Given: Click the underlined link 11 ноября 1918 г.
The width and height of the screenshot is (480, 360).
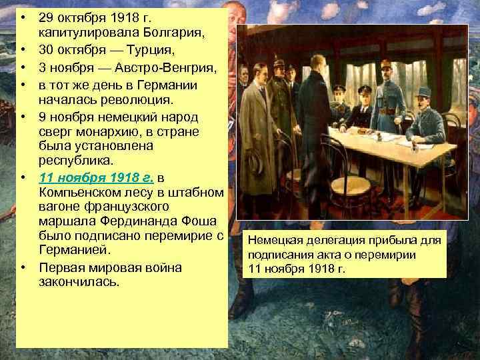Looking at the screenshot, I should click(97, 178).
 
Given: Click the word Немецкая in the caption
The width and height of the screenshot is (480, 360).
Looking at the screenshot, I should click(273, 239).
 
